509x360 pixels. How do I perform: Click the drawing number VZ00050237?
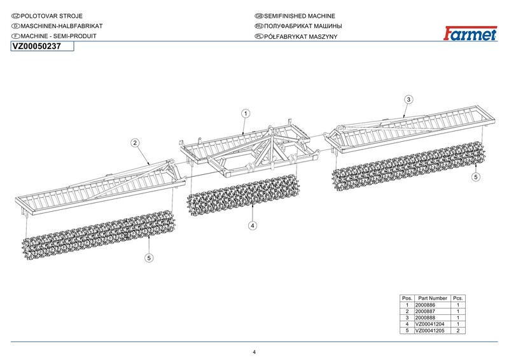click(37, 46)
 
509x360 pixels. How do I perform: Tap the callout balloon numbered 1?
click(245, 113)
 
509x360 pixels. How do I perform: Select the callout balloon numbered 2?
click(135, 143)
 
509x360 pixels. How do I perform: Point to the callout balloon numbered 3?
click(408, 99)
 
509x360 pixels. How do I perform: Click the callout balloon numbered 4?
click(253, 225)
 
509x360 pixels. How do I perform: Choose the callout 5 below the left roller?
click(148, 258)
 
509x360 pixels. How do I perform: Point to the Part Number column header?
click(433, 298)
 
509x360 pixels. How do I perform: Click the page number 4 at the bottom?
click(254, 352)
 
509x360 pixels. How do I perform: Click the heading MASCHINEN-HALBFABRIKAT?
click(60, 26)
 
